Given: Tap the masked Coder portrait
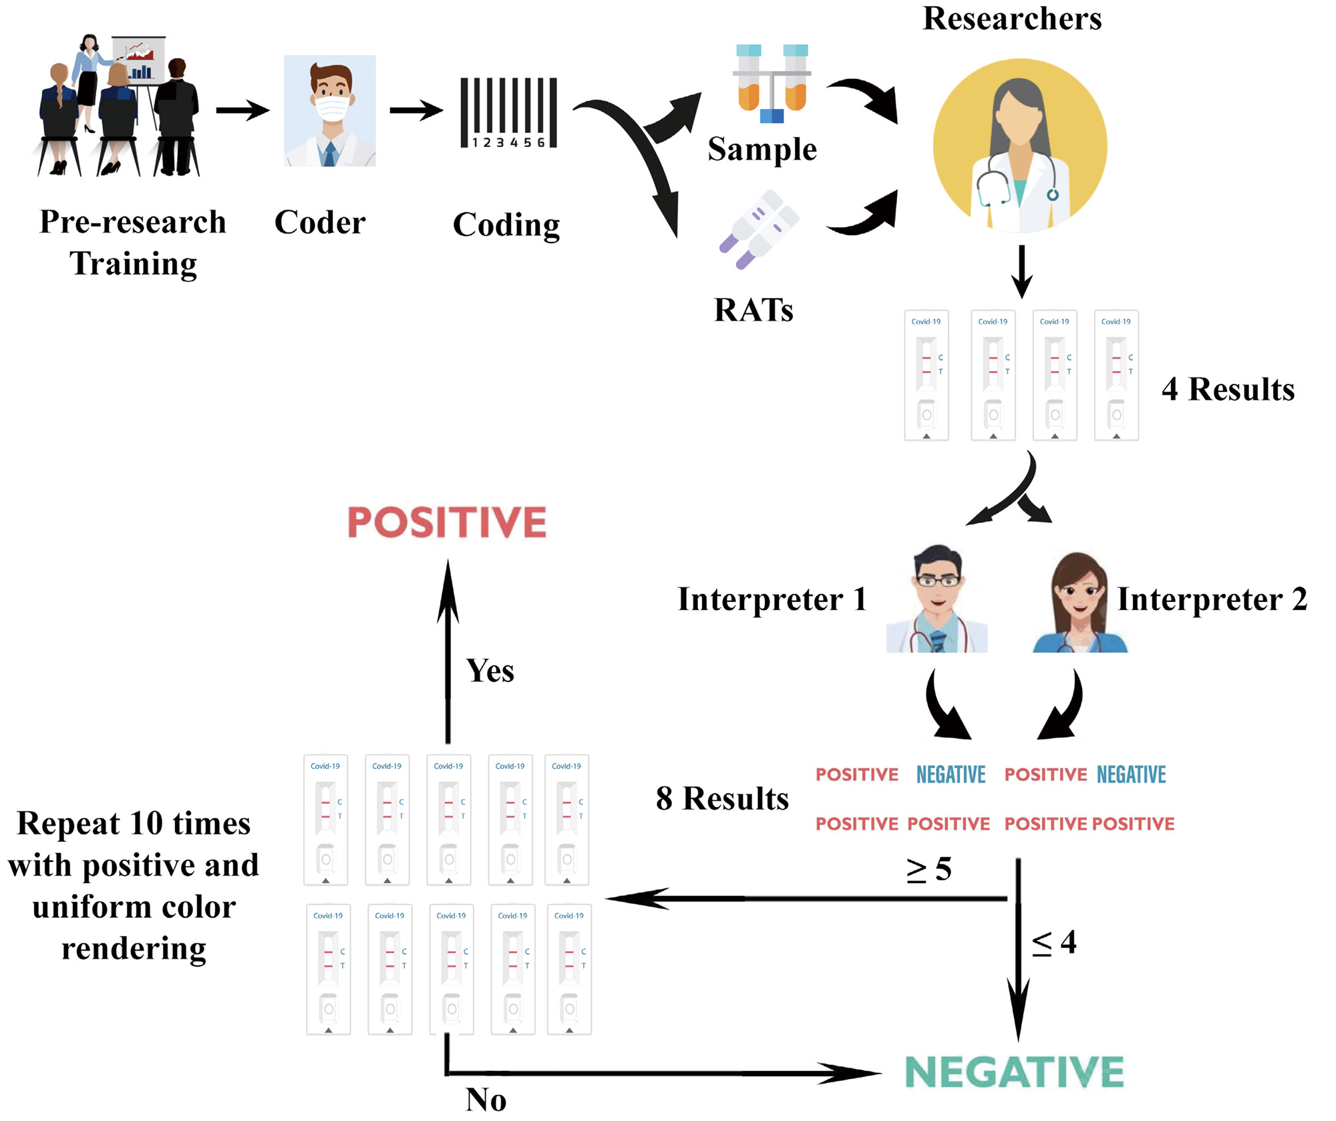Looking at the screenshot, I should point(330,111).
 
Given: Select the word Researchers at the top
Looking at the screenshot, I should point(1012,19).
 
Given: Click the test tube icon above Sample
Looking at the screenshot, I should point(772,84).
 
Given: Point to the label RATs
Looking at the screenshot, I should point(754,310).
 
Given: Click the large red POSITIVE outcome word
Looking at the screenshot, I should point(447,522).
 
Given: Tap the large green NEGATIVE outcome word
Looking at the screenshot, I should point(1014,1072).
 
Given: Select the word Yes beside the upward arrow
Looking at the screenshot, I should point(490,671).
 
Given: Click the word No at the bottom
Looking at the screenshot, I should point(486,1100).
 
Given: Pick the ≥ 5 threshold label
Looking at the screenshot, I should point(929,869).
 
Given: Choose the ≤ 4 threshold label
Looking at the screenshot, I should point(1054,943).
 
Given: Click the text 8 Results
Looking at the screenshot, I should point(722,798).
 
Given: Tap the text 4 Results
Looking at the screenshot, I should point(1228,389).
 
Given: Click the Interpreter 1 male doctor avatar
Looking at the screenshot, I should point(937,599).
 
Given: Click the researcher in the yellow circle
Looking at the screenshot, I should point(1020,146).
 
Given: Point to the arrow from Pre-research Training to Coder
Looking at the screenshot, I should point(242,110).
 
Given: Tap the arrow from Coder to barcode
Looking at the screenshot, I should point(415,110).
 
